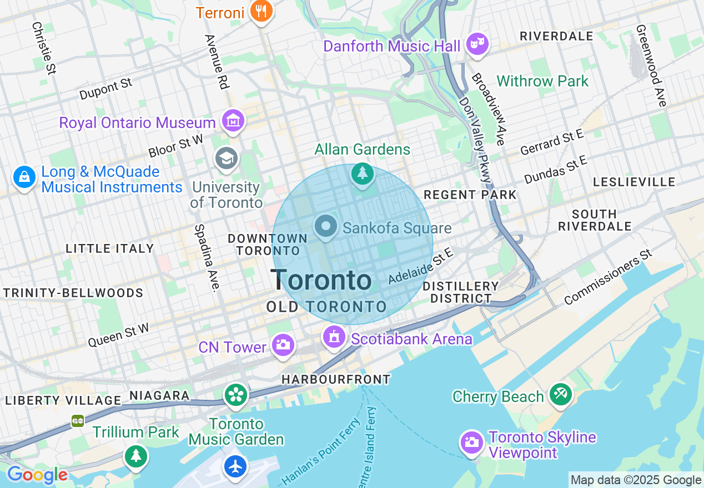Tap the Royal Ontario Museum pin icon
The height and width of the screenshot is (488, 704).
coord(233,120)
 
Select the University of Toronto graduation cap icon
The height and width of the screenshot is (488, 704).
coord(227,159)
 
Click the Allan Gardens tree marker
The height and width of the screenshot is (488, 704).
coord(363,174)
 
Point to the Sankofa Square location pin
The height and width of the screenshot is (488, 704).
coord(326,226)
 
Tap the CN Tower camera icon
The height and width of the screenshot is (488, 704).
coord(283,345)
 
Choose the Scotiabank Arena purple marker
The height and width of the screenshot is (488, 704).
coord(334,336)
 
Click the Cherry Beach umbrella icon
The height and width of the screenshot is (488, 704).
coord(560,394)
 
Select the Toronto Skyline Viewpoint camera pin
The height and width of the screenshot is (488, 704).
coord(471,442)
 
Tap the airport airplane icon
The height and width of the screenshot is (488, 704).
coord(235,466)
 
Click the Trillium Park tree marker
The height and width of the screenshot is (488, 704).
coord(135,456)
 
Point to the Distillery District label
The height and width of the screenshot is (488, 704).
coord(460,292)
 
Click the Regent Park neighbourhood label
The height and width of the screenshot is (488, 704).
coord(470,195)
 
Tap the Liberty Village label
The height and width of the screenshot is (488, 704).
coord(63,400)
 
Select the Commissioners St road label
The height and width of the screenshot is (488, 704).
coord(608,277)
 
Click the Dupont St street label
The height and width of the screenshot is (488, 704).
coord(105,89)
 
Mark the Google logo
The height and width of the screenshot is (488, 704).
coord(37,475)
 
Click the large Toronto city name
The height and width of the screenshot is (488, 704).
coord(321,281)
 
